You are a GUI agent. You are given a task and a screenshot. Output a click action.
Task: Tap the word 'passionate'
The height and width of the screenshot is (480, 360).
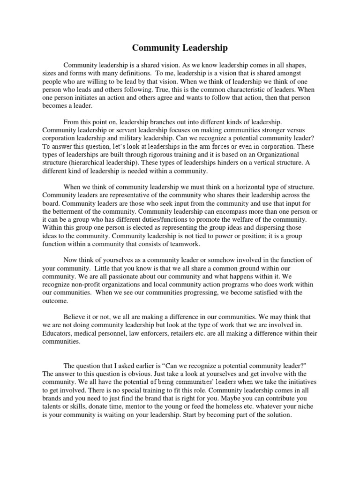(114, 276)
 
